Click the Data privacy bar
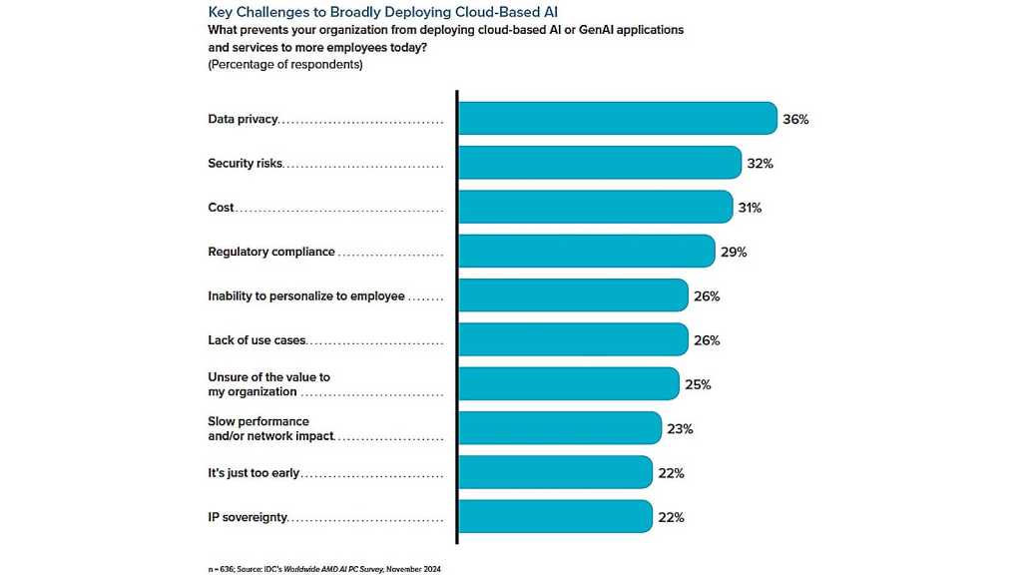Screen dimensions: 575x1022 [x=617, y=119]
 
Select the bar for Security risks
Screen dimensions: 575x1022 [x=599, y=163]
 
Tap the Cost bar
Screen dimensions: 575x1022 [x=595, y=207]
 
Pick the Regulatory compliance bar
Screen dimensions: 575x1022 [x=586, y=252]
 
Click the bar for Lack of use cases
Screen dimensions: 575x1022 [x=573, y=339]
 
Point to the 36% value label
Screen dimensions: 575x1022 [x=795, y=119]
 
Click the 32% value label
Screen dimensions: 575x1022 [x=761, y=163]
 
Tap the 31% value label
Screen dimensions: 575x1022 [x=751, y=208]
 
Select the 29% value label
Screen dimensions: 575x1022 [x=734, y=252]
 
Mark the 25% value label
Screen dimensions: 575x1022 [x=698, y=384]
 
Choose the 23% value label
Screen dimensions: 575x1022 [x=681, y=429]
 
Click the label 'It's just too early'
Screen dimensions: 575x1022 [x=254, y=473]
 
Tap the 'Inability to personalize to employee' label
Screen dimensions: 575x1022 [x=306, y=296]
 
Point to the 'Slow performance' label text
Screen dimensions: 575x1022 [x=258, y=421]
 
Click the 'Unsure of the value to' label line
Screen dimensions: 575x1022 [x=268, y=377]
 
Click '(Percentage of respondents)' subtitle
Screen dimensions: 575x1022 [x=285, y=65]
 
